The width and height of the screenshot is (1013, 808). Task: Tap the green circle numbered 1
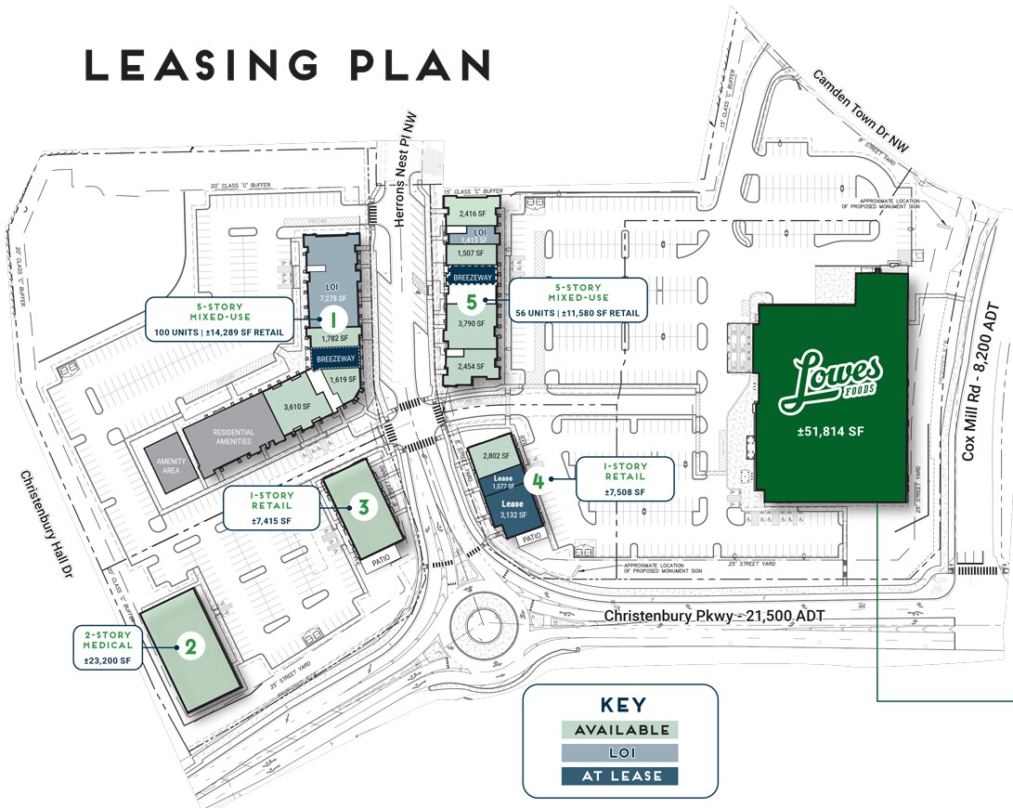[332, 318]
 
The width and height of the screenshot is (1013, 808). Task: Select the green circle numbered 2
[190, 646]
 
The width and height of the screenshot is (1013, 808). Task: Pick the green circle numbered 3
[364, 507]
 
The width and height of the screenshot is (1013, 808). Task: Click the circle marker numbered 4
[535, 480]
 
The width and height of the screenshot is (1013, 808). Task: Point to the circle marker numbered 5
[472, 302]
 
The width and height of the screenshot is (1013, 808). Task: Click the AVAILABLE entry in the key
[620, 730]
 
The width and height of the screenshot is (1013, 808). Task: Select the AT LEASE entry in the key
[620, 775]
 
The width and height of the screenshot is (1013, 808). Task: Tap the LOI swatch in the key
[620, 752]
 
